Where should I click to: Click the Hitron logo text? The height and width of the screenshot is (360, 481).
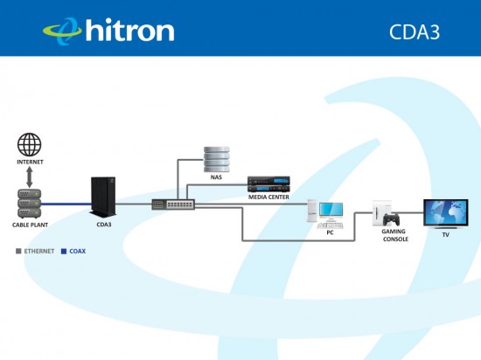point(129,30)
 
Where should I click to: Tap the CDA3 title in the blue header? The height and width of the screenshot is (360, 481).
point(415,31)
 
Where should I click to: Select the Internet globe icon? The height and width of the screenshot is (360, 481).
point(30,145)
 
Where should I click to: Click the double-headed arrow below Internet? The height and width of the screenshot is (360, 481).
point(30,177)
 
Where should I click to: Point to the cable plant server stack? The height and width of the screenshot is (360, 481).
point(30,204)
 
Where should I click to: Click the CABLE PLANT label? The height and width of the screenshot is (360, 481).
point(30,225)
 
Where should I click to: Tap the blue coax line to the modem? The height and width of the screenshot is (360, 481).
point(66,204)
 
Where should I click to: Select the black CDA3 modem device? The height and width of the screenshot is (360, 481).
point(103,197)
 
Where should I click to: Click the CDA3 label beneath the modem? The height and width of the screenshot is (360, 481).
point(104,225)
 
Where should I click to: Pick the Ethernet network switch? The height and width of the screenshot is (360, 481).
point(173,204)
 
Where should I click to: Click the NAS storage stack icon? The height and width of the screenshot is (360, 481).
point(217,159)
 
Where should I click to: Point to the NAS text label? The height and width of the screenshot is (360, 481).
point(216,177)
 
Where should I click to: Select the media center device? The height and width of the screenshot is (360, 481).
point(268,184)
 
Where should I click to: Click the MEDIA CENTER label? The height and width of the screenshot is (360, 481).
point(268,197)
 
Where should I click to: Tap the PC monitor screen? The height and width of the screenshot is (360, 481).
point(331,210)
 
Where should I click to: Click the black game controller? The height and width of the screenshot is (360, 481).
point(392,219)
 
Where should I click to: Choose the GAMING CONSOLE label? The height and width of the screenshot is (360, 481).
point(394,235)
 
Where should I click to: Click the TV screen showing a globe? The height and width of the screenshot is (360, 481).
point(446,212)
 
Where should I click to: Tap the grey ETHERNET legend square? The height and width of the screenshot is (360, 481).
point(18,252)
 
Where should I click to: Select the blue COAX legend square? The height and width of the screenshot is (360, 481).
point(64,252)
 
